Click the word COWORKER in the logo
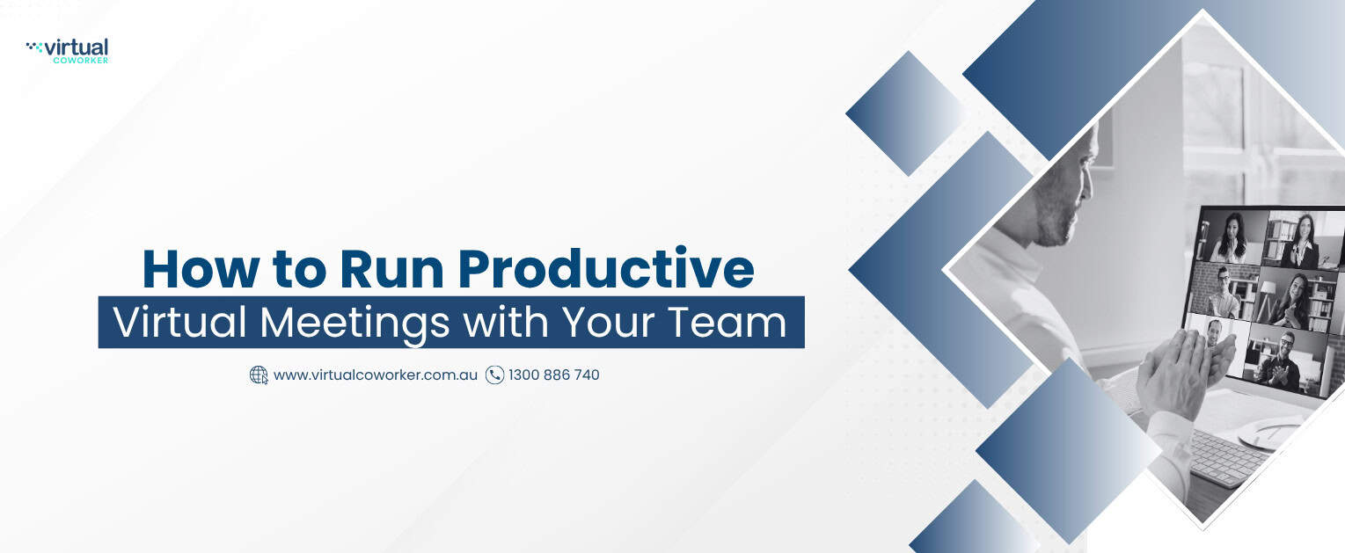click(x=80, y=60)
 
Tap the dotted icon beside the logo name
click(x=34, y=47)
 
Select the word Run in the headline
click(x=391, y=269)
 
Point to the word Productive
click(x=606, y=268)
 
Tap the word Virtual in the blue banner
click(x=179, y=322)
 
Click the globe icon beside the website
click(x=259, y=375)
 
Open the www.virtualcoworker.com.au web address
click(x=376, y=375)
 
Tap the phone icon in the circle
click(x=494, y=375)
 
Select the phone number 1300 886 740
click(x=553, y=375)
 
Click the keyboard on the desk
click(x=1224, y=457)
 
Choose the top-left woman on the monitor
click(x=1231, y=238)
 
